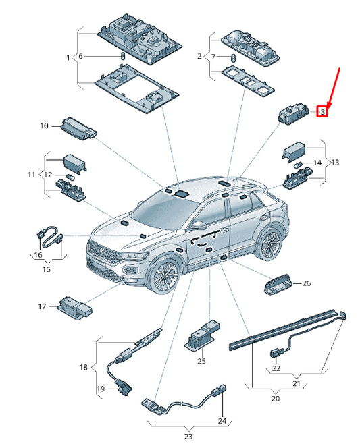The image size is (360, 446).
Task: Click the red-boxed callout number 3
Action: pos(322,111)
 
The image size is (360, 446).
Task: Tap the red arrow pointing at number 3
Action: pos(334,88)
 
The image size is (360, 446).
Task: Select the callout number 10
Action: pos(44,126)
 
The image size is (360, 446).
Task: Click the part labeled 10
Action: pos(79,128)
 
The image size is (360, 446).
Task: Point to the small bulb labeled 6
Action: pos(124,56)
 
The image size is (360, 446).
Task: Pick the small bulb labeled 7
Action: pos(233,57)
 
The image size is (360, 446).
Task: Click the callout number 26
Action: pos(307,283)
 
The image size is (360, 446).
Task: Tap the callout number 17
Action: pos(42,306)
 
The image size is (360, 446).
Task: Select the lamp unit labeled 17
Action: pos(75,308)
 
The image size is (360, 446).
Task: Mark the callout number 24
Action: pos(222,420)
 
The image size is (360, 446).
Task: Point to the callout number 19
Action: pos(101,389)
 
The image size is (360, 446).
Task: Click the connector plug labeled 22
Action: pos(276,353)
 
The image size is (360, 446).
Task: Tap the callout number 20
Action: pos(276,399)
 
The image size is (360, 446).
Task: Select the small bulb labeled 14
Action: pos(297,165)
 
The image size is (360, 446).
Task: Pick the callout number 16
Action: pos(38,254)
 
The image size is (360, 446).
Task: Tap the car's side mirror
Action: pos(199,225)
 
